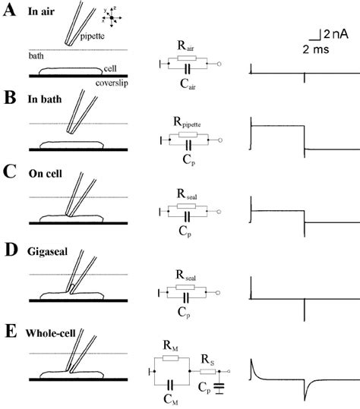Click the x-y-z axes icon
(111, 18)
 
